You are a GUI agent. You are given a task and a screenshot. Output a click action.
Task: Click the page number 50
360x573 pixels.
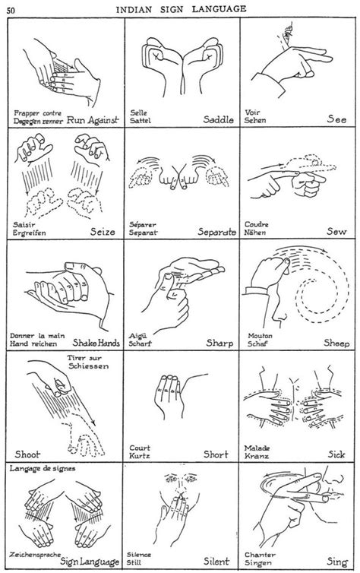click(12, 8)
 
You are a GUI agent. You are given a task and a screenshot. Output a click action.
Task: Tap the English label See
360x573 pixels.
click(336, 119)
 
